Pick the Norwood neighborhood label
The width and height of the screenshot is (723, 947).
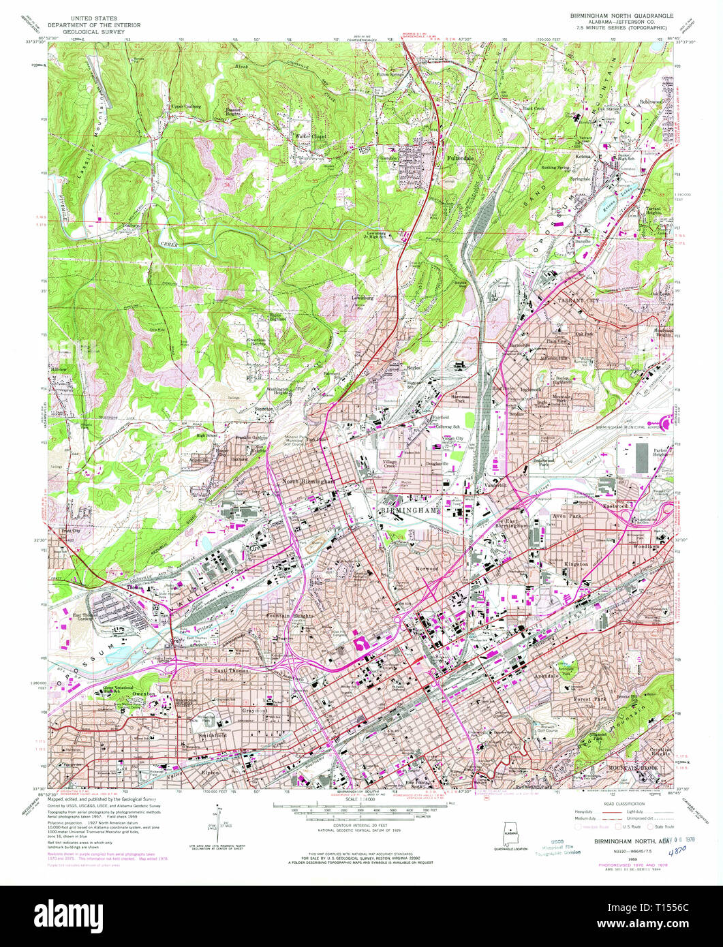pos(427,568)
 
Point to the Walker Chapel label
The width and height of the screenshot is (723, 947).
pos(310,136)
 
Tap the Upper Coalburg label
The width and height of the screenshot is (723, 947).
pos(186,106)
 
